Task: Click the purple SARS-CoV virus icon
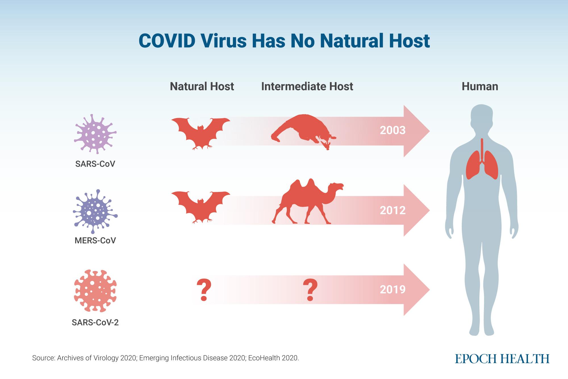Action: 95,134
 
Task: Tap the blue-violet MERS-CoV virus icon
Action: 95,211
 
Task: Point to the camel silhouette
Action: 308,202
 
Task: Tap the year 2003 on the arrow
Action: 393,131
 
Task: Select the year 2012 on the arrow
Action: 393,210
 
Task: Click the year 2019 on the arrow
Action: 393,290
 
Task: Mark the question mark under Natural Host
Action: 204,290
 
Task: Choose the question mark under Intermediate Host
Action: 310,290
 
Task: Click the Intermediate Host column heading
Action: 307,86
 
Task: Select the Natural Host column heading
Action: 202,86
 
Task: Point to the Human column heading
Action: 480,86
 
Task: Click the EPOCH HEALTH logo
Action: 502,359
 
